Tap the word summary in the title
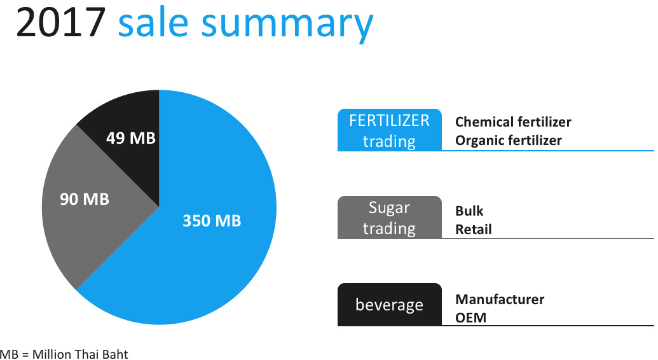point(287,26)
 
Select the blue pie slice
point(202,235)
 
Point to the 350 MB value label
point(212,221)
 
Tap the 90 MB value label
point(85,199)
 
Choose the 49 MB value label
point(131,138)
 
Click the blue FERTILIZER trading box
point(390,130)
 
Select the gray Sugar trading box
point(390,217)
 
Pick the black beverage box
point(390,305)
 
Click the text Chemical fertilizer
point(513,122)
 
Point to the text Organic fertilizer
point(508,141)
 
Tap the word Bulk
point(469,211)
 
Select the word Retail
point(474,230)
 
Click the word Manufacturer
point(500,300)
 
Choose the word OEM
point(471,318)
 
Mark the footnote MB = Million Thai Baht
point(64,354)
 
